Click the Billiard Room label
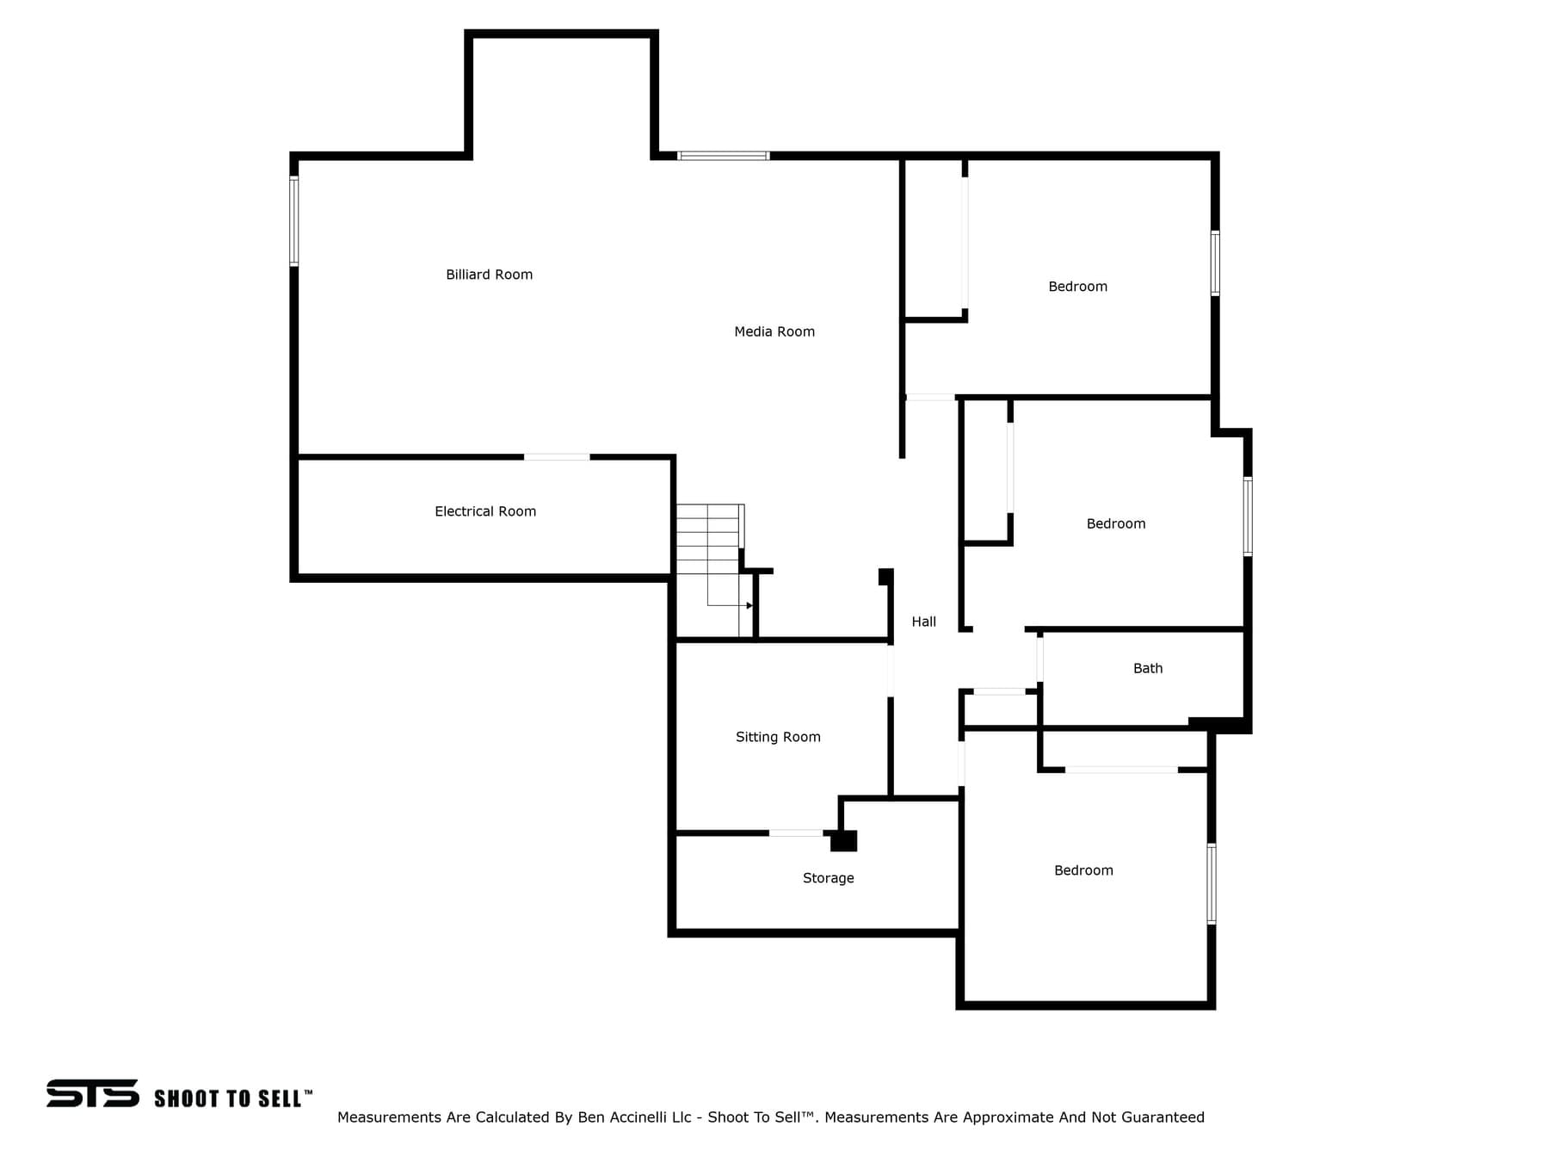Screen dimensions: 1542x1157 coord(489,275)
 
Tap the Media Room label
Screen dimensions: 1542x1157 coord(774,331)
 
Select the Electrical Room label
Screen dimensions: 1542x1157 coord(485,511)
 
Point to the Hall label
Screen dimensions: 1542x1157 coord(923,622)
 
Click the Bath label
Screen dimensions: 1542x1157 coord(1148,668)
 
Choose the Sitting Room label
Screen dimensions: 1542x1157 coord(778,737)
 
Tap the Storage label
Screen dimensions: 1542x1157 coord(828,878)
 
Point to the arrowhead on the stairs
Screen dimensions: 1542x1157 coord(749,605)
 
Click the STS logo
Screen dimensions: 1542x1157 coord(93,1093)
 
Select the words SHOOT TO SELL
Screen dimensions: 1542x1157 coord(228,1098)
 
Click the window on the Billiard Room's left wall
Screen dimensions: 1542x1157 coord(293,221)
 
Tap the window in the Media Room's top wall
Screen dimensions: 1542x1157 coord(723,156)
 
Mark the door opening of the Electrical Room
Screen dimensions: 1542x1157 coord(557,457)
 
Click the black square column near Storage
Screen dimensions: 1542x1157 coord(843,840)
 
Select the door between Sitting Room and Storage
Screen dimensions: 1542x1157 coord(796,833)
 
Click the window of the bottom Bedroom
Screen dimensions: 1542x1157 coord(1212,884)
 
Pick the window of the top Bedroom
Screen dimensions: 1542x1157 coord(1215,263)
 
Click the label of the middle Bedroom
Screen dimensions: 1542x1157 coord(1116,523)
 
